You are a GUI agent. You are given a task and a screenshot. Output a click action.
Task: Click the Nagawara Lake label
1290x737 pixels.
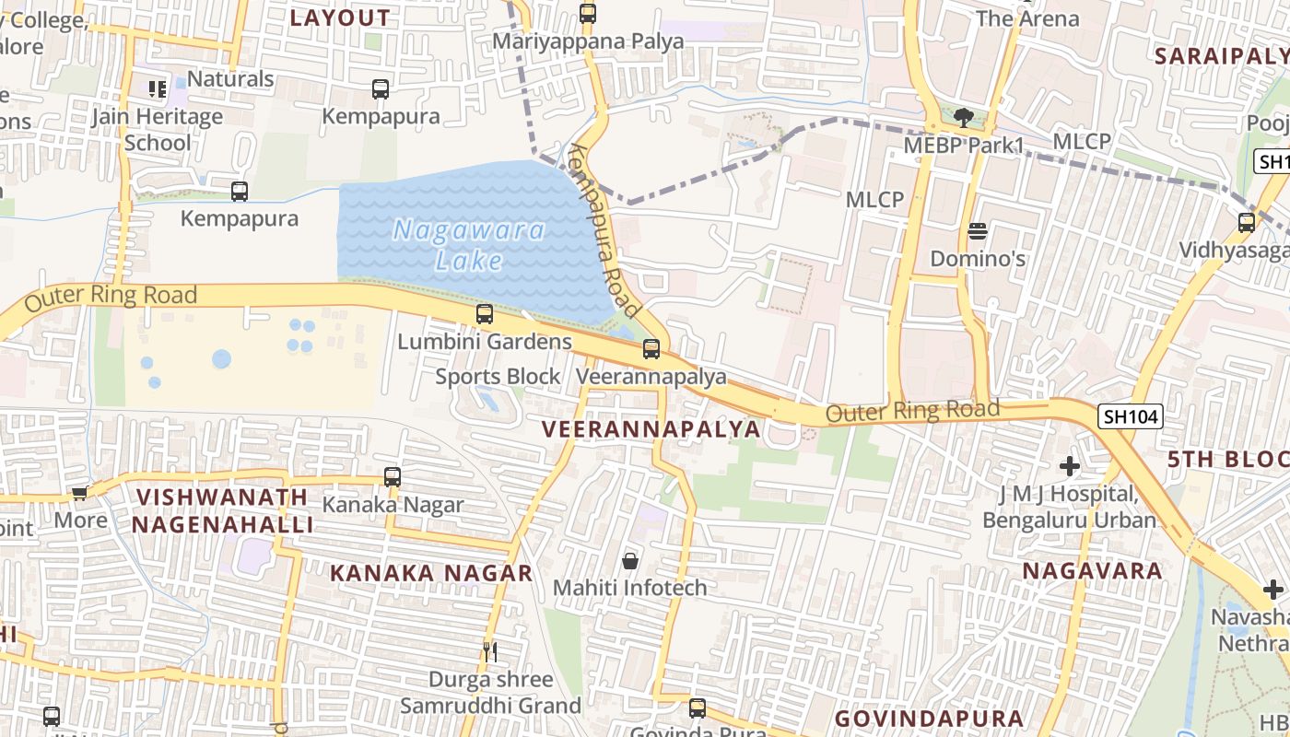click(x=469, y=245)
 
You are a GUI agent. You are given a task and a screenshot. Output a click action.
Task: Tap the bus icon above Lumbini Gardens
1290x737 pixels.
click(x=485, y=313)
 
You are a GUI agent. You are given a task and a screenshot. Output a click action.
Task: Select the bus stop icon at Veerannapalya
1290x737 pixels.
click(x=651, y=348)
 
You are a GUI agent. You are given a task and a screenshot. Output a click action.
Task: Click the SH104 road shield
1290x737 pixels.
click(x=1131, y=416)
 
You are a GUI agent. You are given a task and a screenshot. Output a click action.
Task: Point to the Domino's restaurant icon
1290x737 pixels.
click(x=978, y=230)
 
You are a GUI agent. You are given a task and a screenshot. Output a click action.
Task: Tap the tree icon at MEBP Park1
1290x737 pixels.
click(x=964, y=117)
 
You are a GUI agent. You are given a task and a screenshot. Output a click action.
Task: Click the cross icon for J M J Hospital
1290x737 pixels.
click(x=1069, y=466)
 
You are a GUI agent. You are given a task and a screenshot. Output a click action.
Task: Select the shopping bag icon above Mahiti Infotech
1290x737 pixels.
click(x=630, y=560)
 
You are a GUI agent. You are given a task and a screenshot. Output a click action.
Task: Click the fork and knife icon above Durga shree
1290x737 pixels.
click(x=490, y=652)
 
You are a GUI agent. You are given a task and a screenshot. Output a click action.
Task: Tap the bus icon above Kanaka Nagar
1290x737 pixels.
click(x=393, y=476)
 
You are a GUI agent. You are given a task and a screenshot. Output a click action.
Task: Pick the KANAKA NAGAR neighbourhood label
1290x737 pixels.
click(x=431, y=573)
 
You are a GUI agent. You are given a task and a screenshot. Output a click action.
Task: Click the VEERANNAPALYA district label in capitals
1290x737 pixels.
click(x=651, y=429)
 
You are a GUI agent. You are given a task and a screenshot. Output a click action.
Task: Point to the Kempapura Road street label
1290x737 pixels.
click(x=605, y=229)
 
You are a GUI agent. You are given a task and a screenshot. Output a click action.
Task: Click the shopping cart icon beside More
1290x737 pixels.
click(x=80, y=493)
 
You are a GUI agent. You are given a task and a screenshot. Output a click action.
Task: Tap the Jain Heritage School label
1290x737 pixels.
click(x=158, y=130)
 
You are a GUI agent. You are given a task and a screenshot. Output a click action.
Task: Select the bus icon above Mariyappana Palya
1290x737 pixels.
click(x=588, y=13)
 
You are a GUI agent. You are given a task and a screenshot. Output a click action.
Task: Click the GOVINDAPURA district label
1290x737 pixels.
click(x=929, y=719)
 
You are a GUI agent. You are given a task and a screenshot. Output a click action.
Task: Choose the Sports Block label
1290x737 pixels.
click(x=498, y=377)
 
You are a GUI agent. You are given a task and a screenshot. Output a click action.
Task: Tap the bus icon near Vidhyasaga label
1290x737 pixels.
click(x=1247, y=222)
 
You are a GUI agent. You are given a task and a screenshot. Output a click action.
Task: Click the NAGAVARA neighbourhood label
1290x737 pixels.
click(x=1093, y=571)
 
